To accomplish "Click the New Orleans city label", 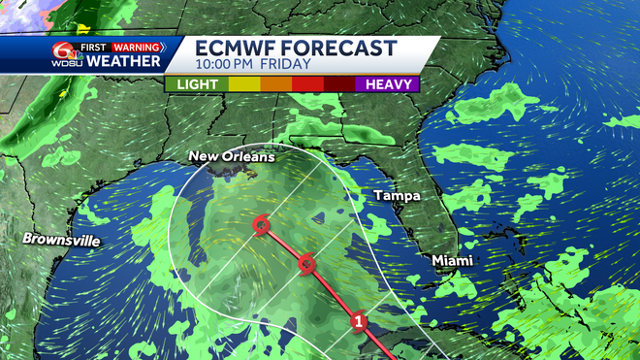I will coord(232,156).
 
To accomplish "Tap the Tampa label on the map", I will coord(397,196).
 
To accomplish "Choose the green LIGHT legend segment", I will coord(197,84).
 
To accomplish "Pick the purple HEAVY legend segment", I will coord(387,84).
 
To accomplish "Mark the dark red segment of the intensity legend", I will coord(338,84).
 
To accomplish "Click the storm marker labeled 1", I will coord(359,321).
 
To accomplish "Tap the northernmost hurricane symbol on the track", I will coord(260,226).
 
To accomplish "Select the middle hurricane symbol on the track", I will coord(306,263).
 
